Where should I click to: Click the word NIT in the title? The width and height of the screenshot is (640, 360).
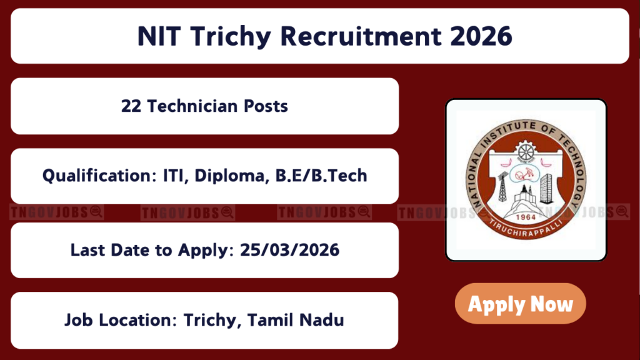point(159,36)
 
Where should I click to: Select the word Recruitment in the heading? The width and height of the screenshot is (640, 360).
point(361,36)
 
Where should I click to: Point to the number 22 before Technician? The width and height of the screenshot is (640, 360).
point(131,106)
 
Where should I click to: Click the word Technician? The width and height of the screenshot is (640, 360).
point(192,106)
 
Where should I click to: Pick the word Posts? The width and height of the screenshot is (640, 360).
point(266,106)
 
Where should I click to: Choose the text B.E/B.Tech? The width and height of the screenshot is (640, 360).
point(321,176)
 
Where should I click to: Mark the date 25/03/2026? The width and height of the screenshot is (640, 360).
point(289,250)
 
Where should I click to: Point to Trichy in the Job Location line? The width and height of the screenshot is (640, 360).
point(211,321)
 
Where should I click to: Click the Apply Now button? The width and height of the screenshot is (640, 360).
point(521,304)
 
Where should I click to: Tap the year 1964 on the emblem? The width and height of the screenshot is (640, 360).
point(526,217)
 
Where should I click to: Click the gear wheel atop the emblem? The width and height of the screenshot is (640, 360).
point(526,152)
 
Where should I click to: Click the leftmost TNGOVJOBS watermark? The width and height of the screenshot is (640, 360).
point(56,212)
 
